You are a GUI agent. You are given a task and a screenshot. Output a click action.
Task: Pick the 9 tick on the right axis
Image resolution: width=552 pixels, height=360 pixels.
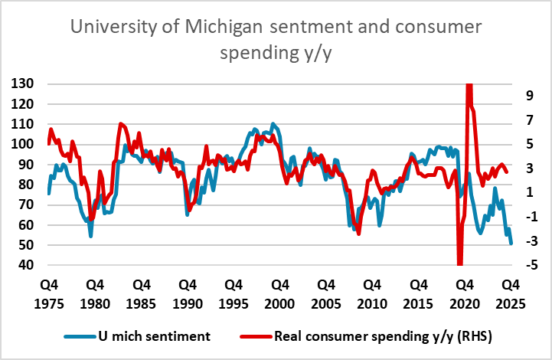point(528,95)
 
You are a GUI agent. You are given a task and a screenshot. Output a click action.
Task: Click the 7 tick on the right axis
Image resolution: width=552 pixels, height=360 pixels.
point(528,119)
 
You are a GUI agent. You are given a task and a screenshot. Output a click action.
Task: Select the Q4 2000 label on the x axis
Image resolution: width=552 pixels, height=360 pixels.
point(276,292)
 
